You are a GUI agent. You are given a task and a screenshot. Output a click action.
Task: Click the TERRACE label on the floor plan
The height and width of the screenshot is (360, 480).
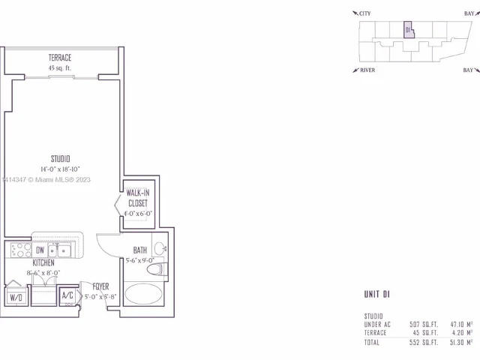[x=60, y=57]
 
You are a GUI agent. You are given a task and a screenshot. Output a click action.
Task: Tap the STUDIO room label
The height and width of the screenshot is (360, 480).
[x=60, y=158]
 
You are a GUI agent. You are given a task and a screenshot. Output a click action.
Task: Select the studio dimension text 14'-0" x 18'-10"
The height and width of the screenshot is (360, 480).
[x=60, y=169]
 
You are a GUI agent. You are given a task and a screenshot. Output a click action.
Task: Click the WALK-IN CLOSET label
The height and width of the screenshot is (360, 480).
[x=137, y=198]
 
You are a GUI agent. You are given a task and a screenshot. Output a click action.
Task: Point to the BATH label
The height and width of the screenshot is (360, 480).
[x=140, y=250]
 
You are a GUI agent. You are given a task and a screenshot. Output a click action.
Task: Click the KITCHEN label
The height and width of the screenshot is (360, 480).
[x=43, y=263]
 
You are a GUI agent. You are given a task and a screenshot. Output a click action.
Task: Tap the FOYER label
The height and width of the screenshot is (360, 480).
[x=101, y=286]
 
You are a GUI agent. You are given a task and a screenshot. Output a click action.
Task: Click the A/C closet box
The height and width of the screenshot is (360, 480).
[x=67, y=295]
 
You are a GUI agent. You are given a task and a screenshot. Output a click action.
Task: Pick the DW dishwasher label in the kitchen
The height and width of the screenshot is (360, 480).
[x=40, y=250]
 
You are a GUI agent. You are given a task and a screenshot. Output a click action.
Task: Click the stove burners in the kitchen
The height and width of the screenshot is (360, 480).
[x=19, y=249]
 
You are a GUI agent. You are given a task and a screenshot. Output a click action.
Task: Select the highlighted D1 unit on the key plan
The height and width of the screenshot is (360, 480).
[x=408, y=29]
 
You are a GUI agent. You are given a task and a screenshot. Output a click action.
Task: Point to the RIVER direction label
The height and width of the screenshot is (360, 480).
[x=366, y=70]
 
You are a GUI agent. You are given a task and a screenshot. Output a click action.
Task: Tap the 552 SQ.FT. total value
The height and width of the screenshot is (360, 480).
[x=424, y=341]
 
